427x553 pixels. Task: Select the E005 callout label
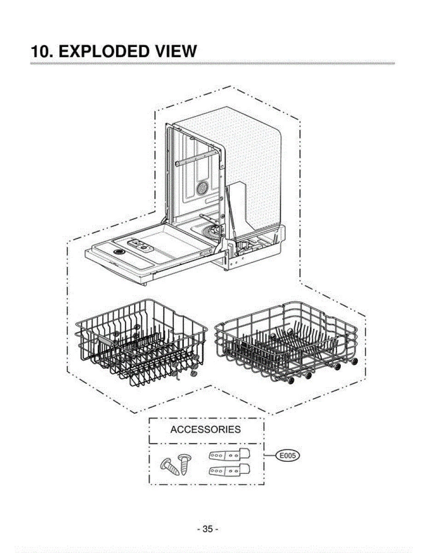coord(287,456)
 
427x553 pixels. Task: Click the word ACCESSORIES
coord(205,430)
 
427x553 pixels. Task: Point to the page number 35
coord(208,529)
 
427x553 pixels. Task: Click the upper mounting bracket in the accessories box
coord(228,455)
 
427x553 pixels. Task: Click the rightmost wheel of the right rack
coord(354,361)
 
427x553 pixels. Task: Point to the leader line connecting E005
coord(270,456)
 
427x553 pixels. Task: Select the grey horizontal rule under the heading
coord(212,63)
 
